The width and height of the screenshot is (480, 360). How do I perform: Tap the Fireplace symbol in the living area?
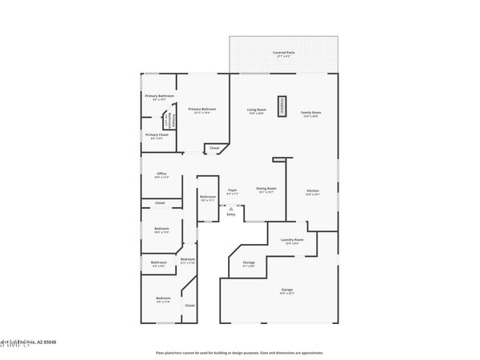click(x=282, y=106)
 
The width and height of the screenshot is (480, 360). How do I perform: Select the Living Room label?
click(x=256, y=110)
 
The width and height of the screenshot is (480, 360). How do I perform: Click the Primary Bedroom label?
click(x=202, y=110)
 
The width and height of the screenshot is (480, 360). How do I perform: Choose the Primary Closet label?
click(x=157, y=135)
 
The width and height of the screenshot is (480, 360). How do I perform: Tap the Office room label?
click(x=161, y=174)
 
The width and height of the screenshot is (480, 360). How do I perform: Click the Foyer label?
click(x=232, y=190)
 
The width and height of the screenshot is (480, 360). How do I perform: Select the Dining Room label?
click(x=266, y=190)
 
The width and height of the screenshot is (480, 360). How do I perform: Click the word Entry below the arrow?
click(x=230, y=214)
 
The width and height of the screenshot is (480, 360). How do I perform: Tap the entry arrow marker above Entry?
click(x=230, y=207)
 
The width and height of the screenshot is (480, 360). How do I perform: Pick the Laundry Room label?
click(x=292, y=241)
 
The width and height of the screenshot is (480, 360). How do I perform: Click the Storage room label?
click(x=249, y=262)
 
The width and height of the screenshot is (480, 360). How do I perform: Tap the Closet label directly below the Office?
click(x=160, y=203)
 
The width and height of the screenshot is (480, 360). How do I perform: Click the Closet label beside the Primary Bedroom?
click(x=214, y=148)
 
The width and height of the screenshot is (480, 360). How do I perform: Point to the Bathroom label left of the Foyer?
click(x=207, y=198)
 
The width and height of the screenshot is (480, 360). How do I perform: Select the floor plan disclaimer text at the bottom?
click(x=239, y=352)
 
